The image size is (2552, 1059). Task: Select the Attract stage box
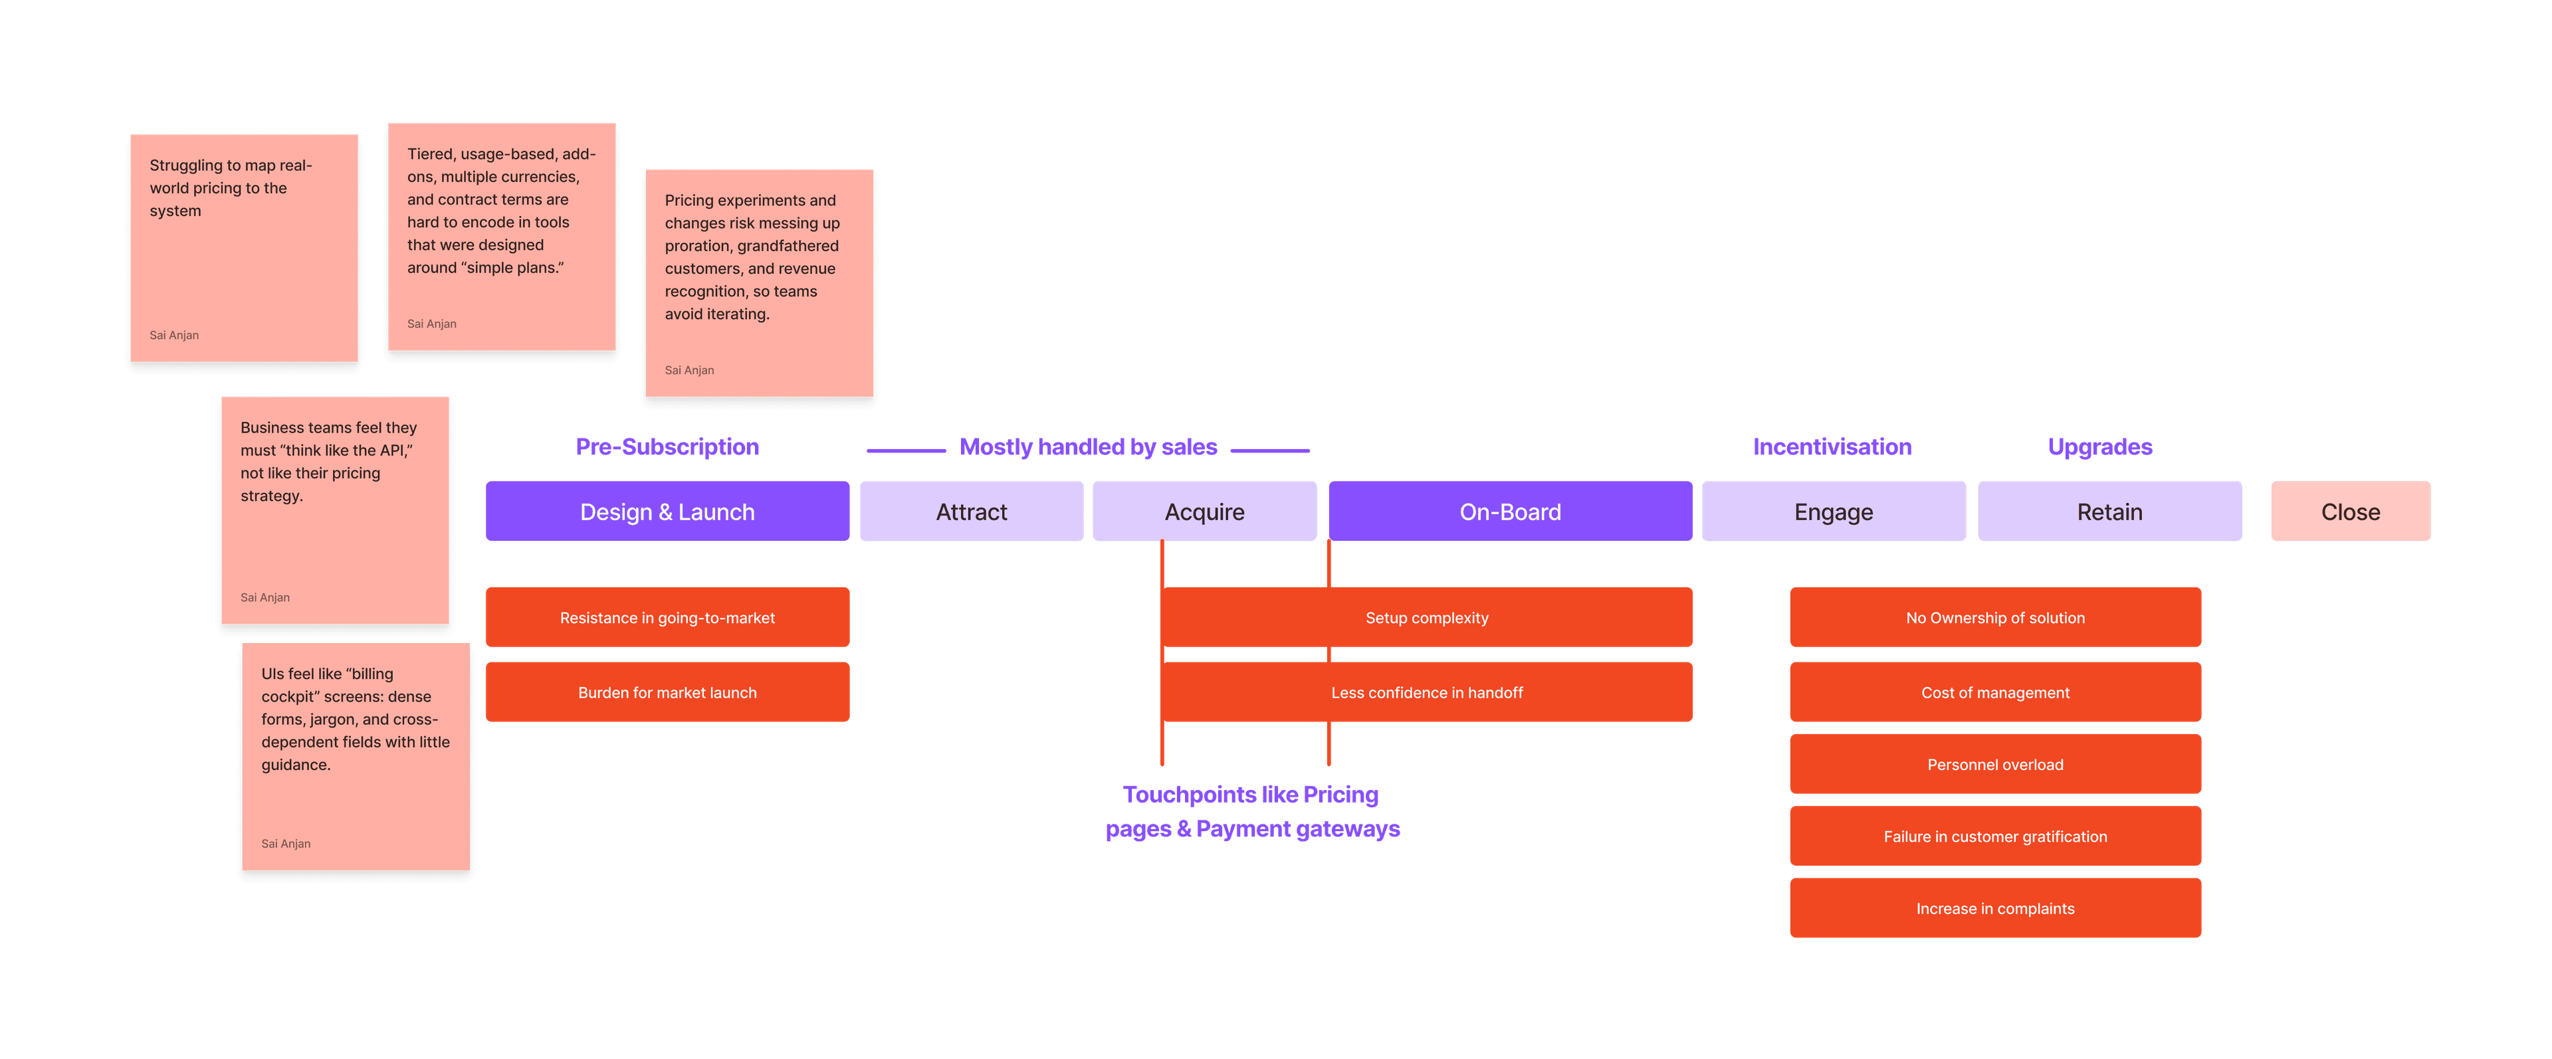point(971,511)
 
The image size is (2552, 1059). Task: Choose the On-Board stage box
point(1510,511)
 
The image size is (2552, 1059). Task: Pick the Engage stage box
point(1833,511)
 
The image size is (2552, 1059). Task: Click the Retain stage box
point(2109,511)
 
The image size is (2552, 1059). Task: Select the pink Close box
point(2350,511)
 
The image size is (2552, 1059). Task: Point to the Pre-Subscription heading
point(667,446)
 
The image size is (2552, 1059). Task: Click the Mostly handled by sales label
point(1088,446)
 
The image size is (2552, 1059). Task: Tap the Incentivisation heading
point(1832,446)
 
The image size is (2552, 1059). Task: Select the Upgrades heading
point(2100,446)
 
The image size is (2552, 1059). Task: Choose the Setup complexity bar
point(1427,617)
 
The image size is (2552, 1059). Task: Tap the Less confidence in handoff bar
point(1427,692)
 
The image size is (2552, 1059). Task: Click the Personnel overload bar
point(1995,764)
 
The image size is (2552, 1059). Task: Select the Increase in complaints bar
point(1995,908)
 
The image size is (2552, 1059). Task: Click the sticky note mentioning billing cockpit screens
point(356,758)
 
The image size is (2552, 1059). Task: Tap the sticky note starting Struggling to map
point(244,248)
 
